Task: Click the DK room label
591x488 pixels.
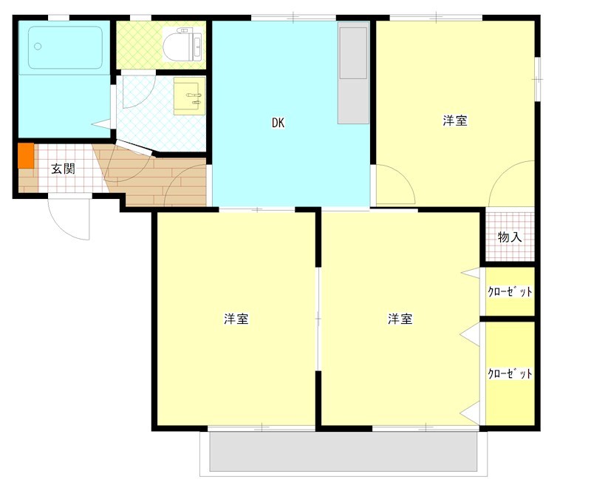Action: click(x=279, y=123)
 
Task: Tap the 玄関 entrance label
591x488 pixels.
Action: click(x=64, y=169)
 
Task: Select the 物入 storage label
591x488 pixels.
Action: click(x=510, y=237)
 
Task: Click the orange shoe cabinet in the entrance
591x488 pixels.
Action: click(x=26, y=155)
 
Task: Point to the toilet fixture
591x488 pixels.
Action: click(x=182, y=44)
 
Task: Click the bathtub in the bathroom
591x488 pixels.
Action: click(x=65, y=47)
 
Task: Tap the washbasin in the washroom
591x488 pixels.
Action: click(x=189, y=96)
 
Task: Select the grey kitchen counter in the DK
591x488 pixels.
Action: click(x=353, y=72)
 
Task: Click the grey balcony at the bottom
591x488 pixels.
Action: click(x=344, y=452)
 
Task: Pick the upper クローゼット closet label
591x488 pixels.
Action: click(x=510, y=291)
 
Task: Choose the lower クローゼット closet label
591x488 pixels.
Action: click(x=510, y=373)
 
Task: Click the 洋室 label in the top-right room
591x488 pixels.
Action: click(x=455, y=121)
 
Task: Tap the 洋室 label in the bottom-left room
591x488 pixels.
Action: click(x=236, y=319)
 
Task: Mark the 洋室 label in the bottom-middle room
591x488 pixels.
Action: click(x=400, y=319)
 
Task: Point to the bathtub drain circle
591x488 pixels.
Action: click(x=38, y=47)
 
